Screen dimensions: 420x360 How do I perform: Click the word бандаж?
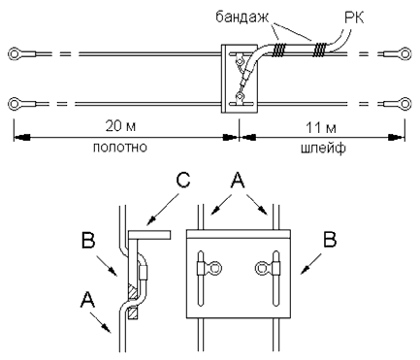point(242,17)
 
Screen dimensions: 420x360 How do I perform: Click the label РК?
point(354,17)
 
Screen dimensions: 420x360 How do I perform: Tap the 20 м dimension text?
point(120,126)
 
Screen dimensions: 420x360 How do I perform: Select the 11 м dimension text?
point(321,128)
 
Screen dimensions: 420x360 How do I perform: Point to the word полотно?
point(120,147)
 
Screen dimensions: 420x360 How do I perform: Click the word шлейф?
point(323,148)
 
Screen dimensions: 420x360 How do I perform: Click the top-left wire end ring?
point(15,53)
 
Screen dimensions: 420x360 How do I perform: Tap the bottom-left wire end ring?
point(15,104)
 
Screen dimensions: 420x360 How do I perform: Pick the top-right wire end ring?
point(404,53)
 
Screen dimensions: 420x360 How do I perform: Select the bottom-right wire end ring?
point(404,104)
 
